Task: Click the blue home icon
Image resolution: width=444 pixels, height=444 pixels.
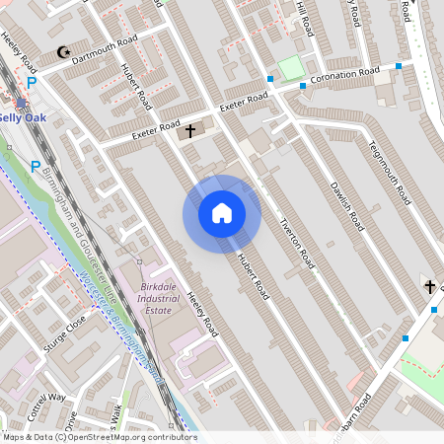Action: pyautogui.click(x=222, y=213)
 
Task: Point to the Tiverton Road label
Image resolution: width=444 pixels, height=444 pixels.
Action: pyautogui.click(x=296, y=242)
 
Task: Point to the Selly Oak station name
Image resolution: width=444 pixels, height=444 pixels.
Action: pyautogui.click(x=22, y=116)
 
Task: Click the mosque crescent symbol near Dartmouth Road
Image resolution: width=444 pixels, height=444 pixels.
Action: pyautogui.click(x=65, y=52)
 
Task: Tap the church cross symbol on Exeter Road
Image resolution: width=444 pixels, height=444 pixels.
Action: pyautogui.click(x=190, y=129)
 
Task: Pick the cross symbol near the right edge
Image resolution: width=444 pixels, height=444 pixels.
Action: pyautogui.click(x=429, y=286)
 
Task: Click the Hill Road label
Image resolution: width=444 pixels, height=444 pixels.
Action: pyautogui.click(x=305, y=19)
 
